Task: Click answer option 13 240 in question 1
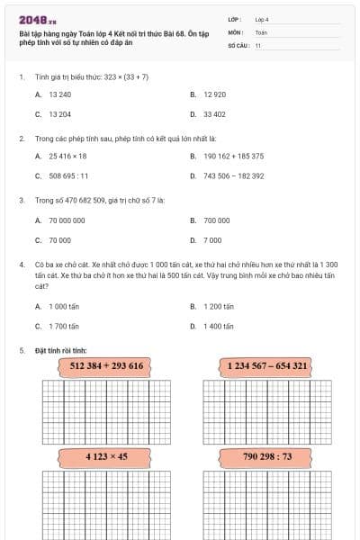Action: (59, 94)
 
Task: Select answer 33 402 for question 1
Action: (214, 114)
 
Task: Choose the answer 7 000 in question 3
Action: (212, 240)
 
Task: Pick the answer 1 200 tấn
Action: (218, 306)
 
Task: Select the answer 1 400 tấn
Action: (218, 327)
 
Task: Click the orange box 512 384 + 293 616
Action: (106, 366)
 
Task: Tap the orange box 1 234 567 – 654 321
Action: (267, 366)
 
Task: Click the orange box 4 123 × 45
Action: (106, 456)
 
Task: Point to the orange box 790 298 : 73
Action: (267, 456)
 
